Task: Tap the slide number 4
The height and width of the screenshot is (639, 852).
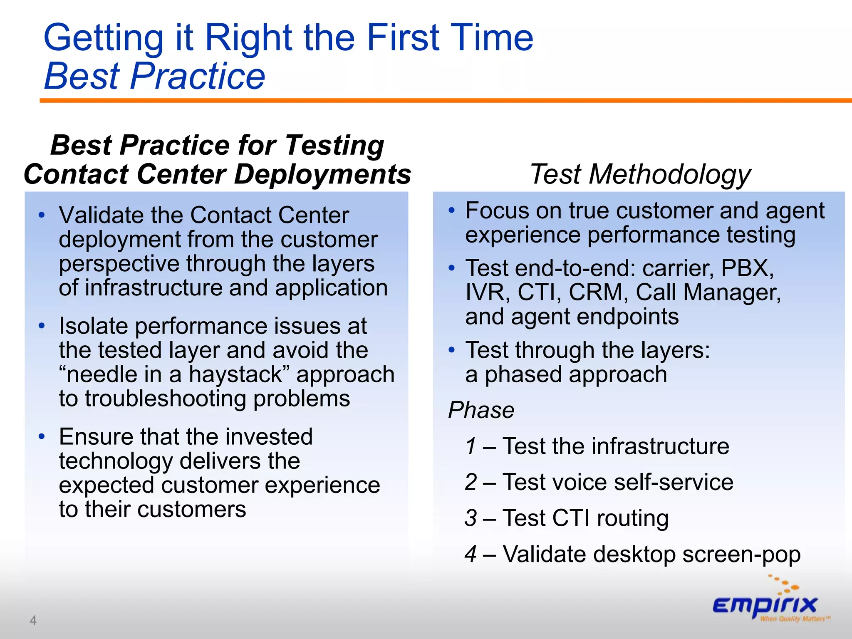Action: [x=33, y=620]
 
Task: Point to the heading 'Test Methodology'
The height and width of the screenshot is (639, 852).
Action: [x=640, y=174]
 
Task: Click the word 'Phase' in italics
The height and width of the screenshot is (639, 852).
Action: [x=481, y=410]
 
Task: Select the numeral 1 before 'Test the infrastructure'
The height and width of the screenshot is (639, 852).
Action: [x=471, y=446]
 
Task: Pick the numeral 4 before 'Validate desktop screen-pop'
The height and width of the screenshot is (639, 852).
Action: [x=471, y=554]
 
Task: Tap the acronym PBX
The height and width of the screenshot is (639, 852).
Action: [x=747, y=268]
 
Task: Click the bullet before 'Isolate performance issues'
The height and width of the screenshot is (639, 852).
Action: [x=41, y=326]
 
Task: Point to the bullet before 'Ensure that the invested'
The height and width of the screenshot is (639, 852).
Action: [x=41, y=437]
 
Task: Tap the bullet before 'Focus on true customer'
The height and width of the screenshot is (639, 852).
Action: [x=452, y=211]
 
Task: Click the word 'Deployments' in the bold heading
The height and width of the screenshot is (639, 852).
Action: [x=322, y=174]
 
